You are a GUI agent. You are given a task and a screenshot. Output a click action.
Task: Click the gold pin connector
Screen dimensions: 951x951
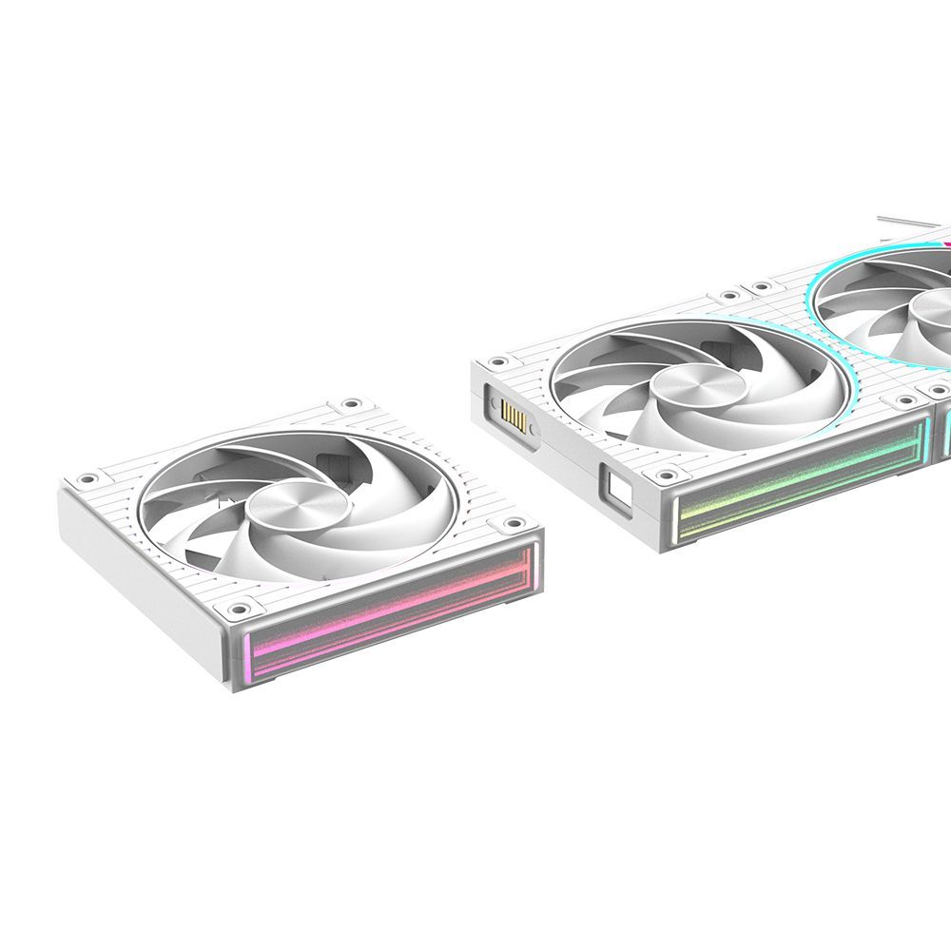tap(512, 415)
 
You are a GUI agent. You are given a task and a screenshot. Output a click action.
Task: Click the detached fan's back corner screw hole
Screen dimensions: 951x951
tap(354, 403)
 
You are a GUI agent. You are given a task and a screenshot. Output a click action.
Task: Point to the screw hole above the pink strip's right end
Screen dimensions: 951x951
tap(516, 522)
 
